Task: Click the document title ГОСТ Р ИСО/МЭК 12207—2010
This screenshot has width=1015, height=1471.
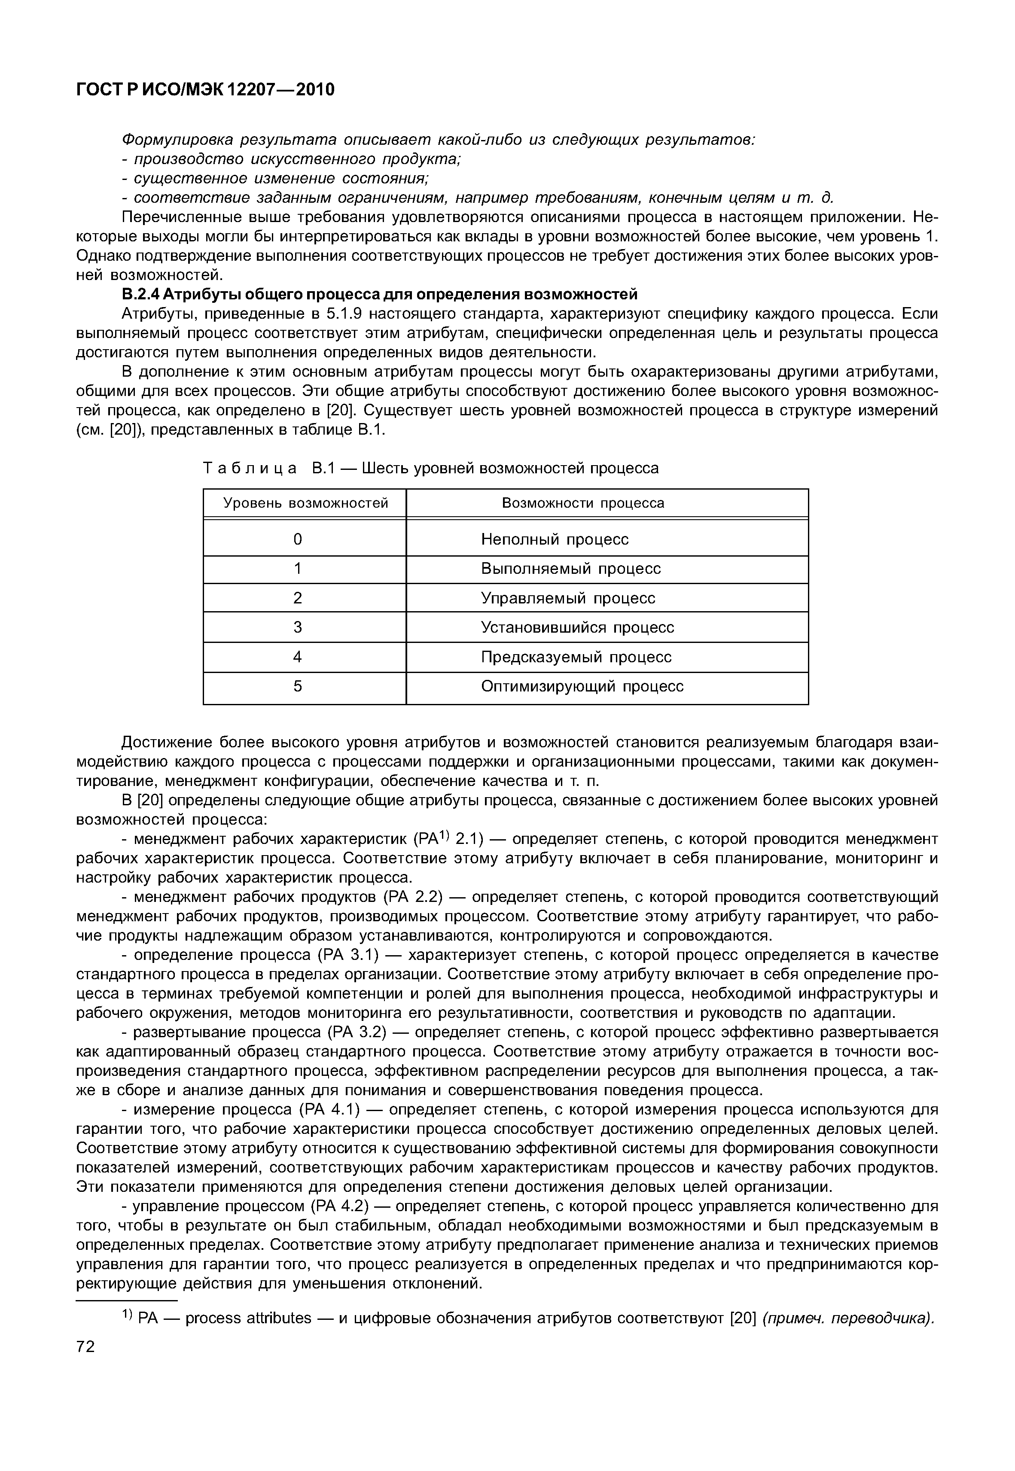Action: pos(205,90)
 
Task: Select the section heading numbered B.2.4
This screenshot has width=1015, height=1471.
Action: pos(379,294)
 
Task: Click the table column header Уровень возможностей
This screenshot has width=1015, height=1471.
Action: pos(305,503)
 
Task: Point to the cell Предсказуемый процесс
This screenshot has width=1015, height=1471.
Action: pos(576,657)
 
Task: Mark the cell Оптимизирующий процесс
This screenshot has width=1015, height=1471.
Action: pos(582,687)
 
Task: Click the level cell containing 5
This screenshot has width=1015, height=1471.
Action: pos(298,687)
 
